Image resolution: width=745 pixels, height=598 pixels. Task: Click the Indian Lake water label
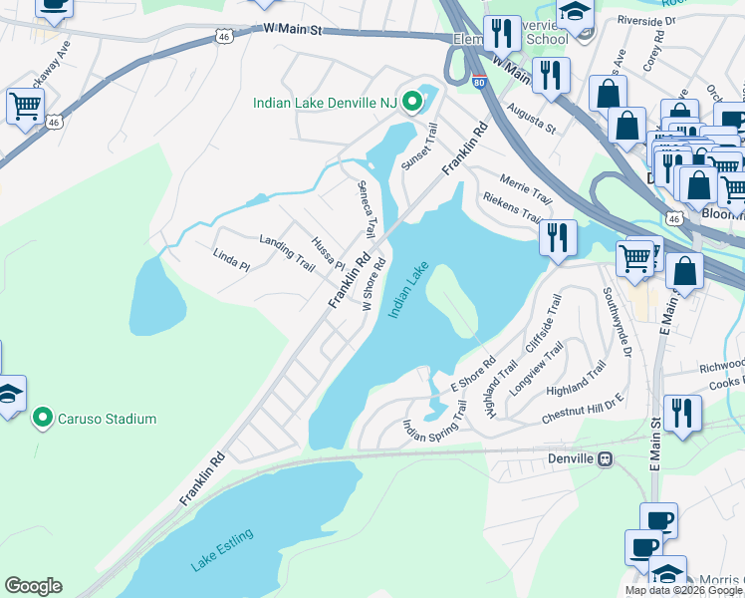click(408, 290)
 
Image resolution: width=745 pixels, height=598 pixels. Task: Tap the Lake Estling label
click(222, 550)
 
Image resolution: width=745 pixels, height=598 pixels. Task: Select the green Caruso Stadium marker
click(42, 418)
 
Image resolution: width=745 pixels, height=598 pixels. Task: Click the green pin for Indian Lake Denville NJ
click(408, 103)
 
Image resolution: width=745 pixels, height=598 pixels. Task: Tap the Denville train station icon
click(604, 458)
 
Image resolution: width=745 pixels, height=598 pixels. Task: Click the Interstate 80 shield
click(480, 84)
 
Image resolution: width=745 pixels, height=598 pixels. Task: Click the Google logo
click(33, 586)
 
